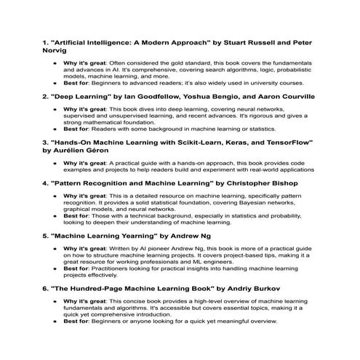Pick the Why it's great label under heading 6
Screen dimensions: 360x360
coord(85,301)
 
